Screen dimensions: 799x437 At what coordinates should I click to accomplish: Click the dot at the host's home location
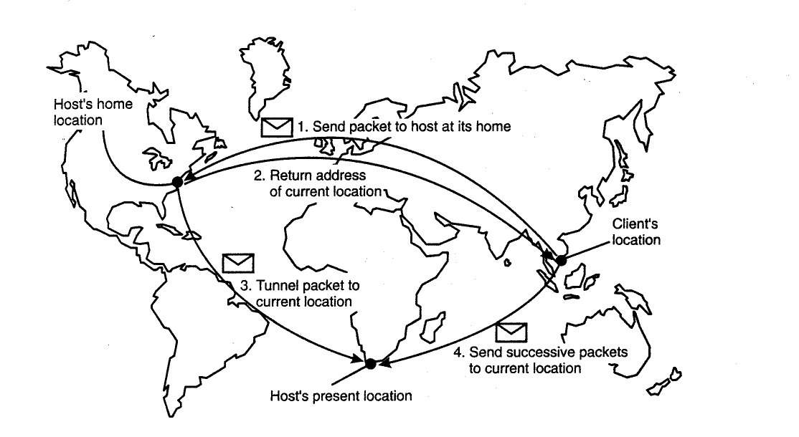[x=177, y=182]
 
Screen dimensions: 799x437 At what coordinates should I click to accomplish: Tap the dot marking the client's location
[x=561, y=260]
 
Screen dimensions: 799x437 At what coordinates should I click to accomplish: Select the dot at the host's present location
[x=371, y=364]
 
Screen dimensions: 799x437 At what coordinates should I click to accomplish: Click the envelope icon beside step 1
[x=277, y=128]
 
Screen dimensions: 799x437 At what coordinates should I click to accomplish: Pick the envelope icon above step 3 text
[x=238, y=263]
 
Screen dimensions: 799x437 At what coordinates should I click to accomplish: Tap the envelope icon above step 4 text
[x=511, y=332]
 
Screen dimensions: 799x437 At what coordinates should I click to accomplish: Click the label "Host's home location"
[x=93, y=112]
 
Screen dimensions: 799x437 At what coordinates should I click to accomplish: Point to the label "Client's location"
[x=636, y=231]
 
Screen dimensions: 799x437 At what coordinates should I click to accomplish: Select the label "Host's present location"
[x=341, y=395]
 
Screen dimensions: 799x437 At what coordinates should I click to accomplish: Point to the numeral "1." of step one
[x=303, y=126]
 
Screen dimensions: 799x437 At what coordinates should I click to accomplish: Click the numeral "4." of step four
[x=459, y=352]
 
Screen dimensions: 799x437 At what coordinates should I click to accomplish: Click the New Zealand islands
[x=664, y=382]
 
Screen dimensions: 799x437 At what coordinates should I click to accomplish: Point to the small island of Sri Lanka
[x=507, y=262]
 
